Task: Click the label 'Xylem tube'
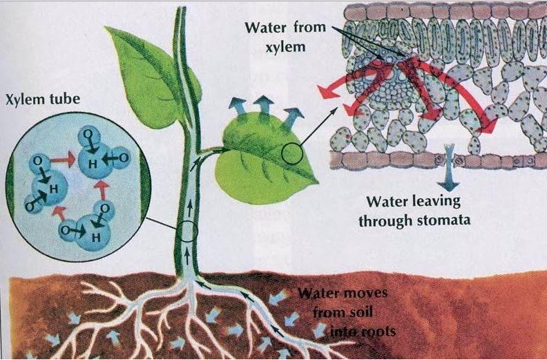pos(43,100)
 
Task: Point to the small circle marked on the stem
pos(187,234)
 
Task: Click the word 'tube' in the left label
pos(64,100)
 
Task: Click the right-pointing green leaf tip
pos(316,181)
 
